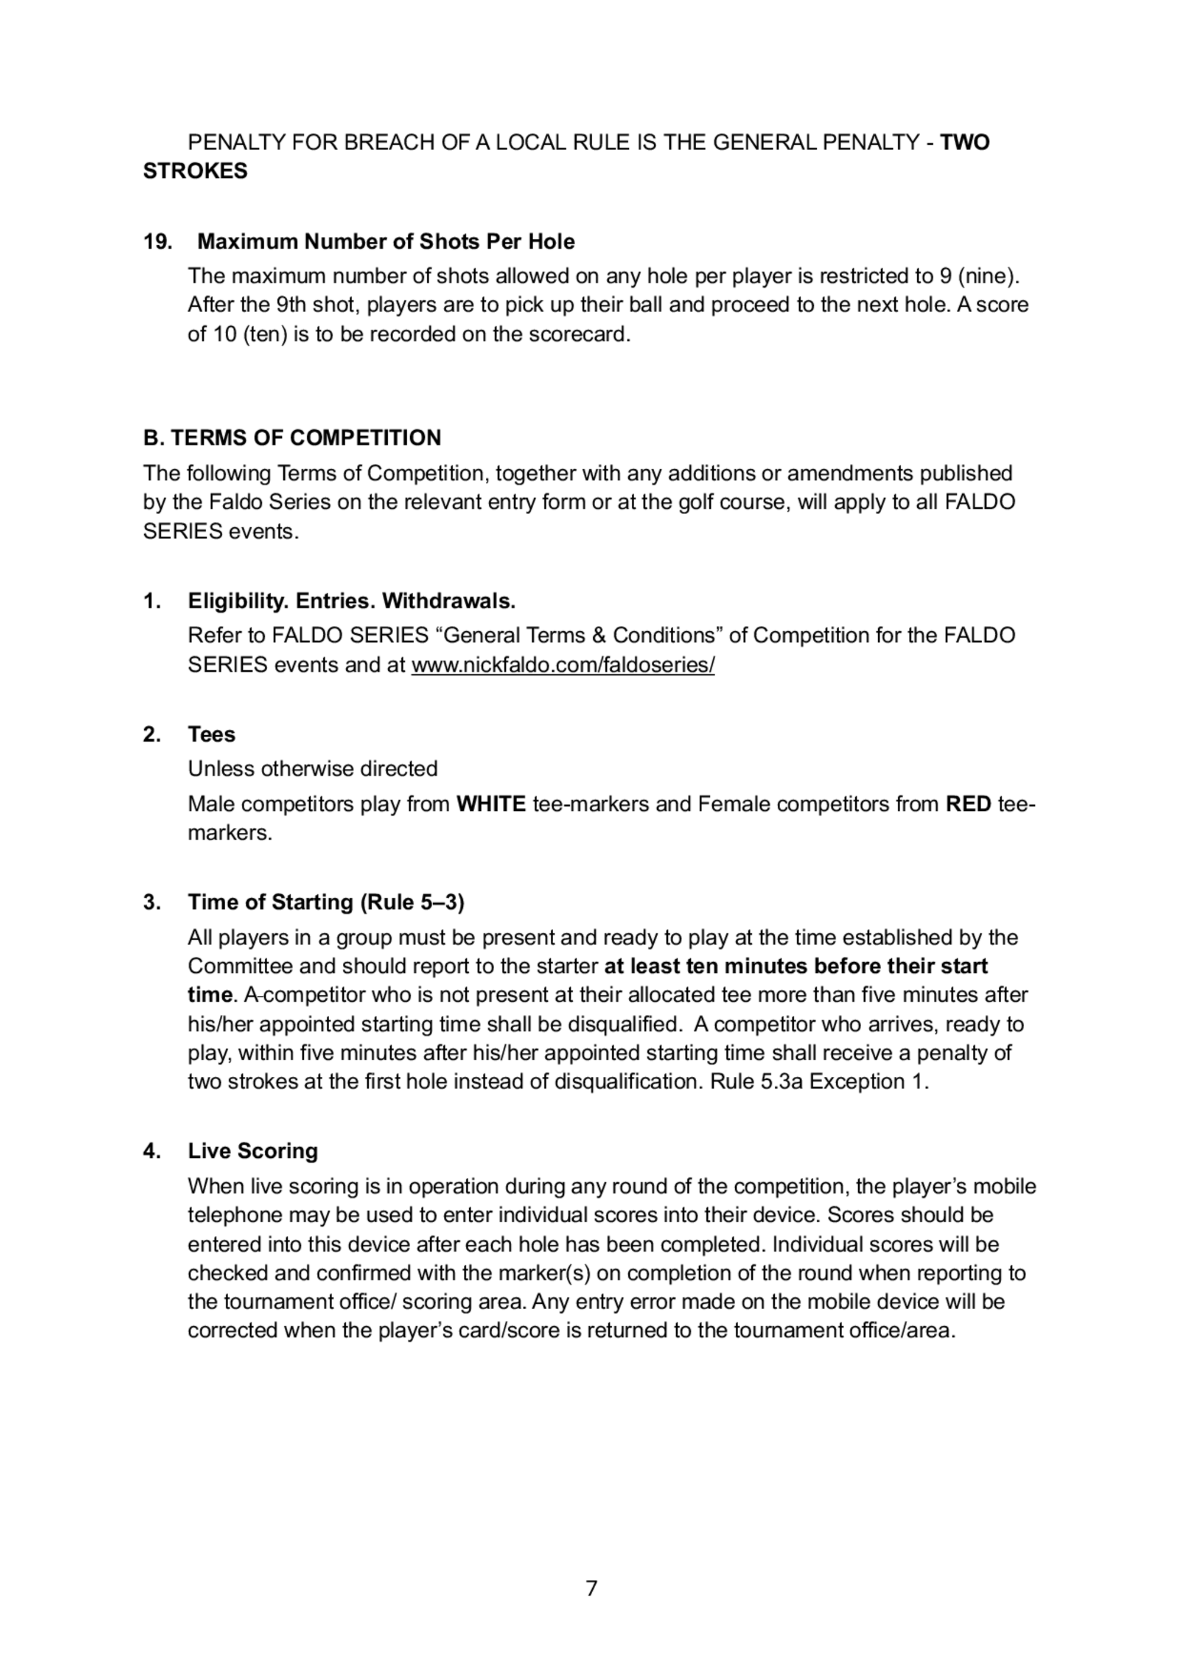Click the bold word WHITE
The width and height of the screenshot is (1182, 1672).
pos(491,804)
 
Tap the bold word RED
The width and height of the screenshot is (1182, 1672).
pos(968,804)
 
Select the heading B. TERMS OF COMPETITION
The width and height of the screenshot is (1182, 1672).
pos(292,438)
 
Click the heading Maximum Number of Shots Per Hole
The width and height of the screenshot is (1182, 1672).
pos(386,242)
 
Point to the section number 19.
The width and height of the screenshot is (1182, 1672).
pos(157,242)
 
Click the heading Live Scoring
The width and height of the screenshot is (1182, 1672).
pos(253,1151)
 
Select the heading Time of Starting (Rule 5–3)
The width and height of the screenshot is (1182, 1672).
pos(326,902)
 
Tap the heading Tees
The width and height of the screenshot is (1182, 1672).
pos(211,734)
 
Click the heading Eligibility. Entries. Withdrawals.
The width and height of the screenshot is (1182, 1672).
pos(352,601)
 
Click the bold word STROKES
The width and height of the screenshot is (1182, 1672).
pos(195,171)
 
